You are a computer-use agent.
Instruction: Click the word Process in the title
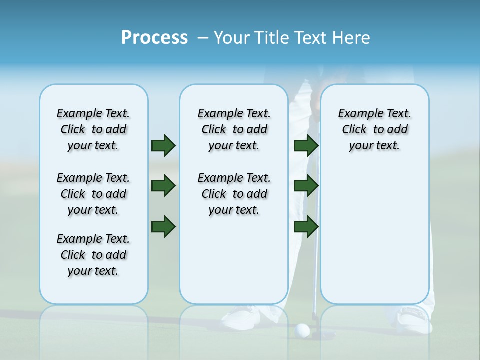pos(154,38)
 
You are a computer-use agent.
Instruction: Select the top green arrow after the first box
pos(163,145)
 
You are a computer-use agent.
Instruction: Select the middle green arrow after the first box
pos(163,186)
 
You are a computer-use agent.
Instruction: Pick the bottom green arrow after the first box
pos(163,226)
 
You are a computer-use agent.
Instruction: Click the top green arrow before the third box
pos(306,145)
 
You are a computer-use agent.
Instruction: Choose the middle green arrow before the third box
pos(306,186)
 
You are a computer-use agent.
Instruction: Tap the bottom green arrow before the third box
pos(306,226)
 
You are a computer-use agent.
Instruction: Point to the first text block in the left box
pos(93,129)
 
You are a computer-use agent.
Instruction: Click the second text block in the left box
pos(93,194)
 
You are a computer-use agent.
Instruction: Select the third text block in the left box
pos(93,255)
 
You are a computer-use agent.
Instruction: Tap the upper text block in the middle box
pos(234,129)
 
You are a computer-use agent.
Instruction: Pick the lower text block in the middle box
pos(234,194)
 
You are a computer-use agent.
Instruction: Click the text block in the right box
pos(374,129)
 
